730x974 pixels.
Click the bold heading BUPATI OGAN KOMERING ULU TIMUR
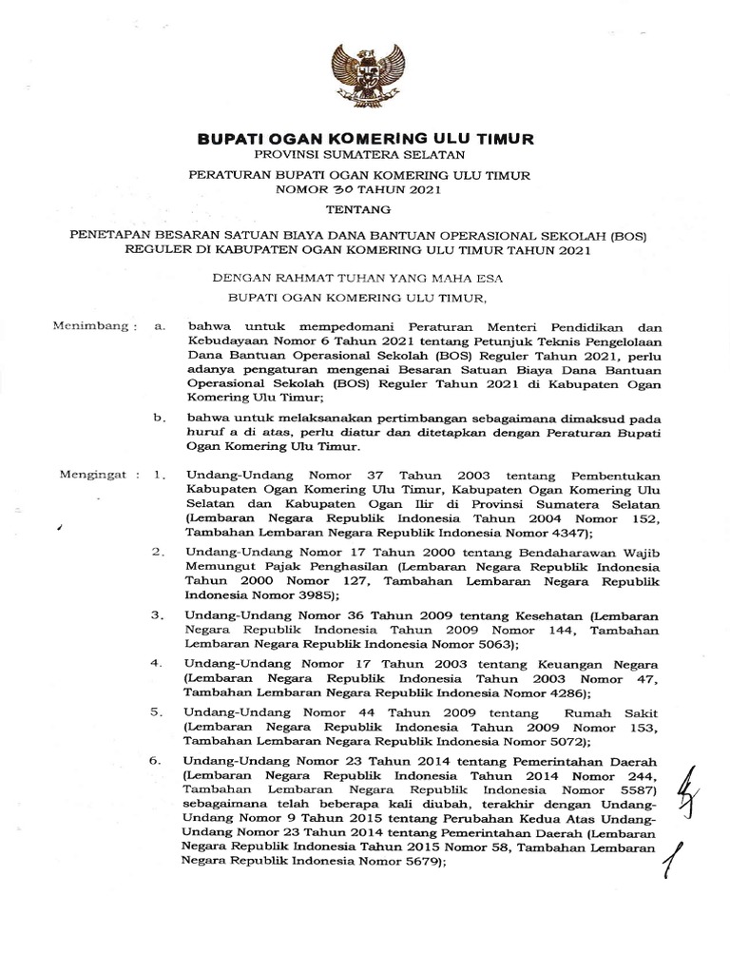pyautogui.click(x=365, y=139)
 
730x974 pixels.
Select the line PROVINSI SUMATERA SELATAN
pyautogui.click(x=365, y=155)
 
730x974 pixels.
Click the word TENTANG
pyautogui.click(x=365, y=209)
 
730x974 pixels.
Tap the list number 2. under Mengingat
pyautogui.click(x=159, y=551)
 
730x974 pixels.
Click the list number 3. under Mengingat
pyautogui.click(x=159, y=614)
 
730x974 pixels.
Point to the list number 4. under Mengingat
pyautogui.click(x=159, y=662)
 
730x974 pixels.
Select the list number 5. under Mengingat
pyautogui.click(x=159, y=711)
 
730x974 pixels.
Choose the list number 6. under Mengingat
pyautogui.click(x=159, y=761)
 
